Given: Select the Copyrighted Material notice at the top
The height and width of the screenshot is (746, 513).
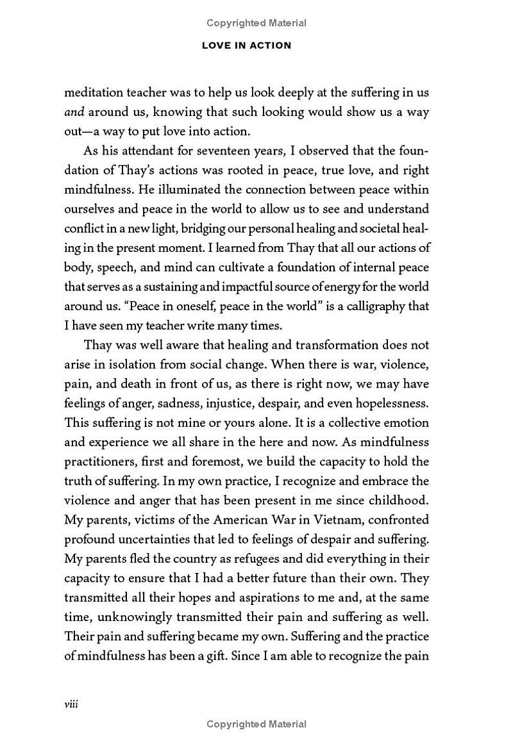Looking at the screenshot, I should pos(256,23).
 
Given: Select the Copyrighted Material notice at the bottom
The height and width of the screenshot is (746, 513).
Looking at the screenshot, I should pos(256,724).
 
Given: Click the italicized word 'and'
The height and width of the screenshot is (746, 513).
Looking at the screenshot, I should pos(74,112).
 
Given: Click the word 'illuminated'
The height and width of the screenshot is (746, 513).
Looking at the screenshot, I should pos(124,190).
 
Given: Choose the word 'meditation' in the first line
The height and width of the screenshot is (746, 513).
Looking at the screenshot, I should pos(93,92).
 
